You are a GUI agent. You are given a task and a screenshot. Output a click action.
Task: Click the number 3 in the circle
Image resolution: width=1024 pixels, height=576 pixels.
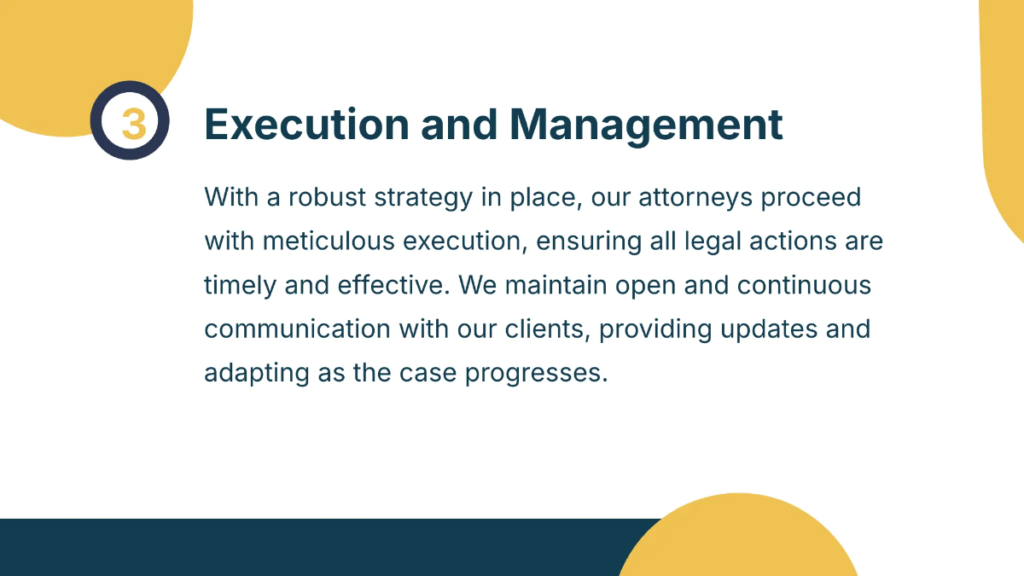(x=132, y=124)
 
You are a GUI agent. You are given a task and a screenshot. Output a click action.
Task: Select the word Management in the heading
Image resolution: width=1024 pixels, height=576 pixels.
(x=646, y=125)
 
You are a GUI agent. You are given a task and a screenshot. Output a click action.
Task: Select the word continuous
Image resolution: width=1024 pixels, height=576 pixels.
(x=804, y=285)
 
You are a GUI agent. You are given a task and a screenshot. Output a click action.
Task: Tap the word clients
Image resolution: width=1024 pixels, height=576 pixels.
(x=545, y=329)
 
